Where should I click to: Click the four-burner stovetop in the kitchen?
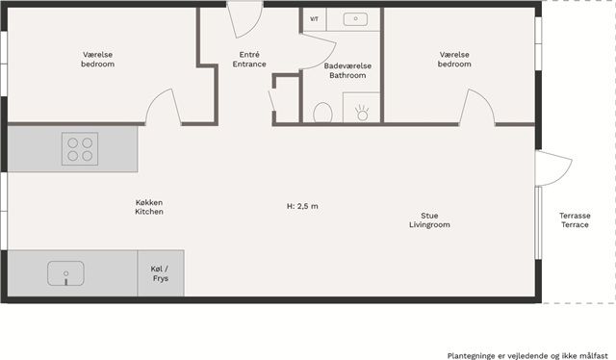(80, 148)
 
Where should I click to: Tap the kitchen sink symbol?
(65, 273)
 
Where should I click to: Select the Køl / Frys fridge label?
(161, 273)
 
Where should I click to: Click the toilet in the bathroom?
(322, 113)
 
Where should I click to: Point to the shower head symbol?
(362, 113)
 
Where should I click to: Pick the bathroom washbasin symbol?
(355, 19)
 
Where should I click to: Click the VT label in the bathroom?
(315, 19)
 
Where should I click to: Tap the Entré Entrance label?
(249, 60)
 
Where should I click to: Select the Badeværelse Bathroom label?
(347, 70)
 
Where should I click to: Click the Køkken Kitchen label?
(149, 207)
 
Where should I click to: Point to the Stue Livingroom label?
(429, 220)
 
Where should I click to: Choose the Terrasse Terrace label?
(575, 220)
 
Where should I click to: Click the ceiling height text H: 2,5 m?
(302, 206)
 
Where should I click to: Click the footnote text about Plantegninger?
(527, 356)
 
